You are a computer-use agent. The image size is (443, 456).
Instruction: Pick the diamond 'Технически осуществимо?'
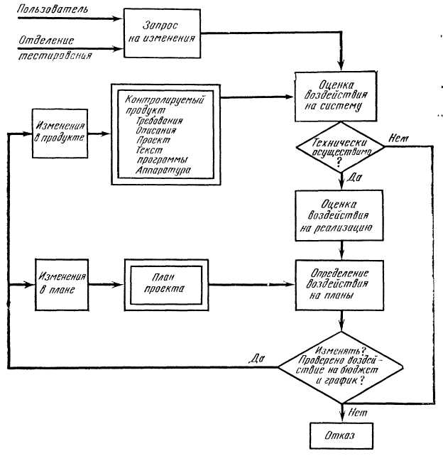[341, 151]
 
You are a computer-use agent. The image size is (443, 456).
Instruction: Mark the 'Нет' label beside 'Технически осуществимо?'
[398, 141]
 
